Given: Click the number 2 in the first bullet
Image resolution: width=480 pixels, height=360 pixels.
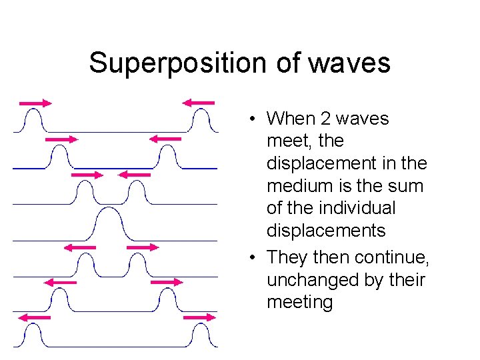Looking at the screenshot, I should (326, 119).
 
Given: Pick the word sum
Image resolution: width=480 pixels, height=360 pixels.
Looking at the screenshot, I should (408, 186).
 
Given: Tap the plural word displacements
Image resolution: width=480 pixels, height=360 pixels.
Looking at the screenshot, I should (326, 231).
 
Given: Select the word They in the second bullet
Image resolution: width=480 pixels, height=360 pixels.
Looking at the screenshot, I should (287, 257).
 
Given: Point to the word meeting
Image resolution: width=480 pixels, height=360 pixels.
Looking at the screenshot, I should (299, 303).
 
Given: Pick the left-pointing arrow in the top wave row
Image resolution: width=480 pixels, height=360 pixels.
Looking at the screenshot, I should (199, 103).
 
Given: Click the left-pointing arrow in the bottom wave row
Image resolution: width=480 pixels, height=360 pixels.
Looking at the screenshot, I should (35, 317).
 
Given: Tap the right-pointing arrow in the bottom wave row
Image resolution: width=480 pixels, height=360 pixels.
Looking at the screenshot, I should (199, 317).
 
